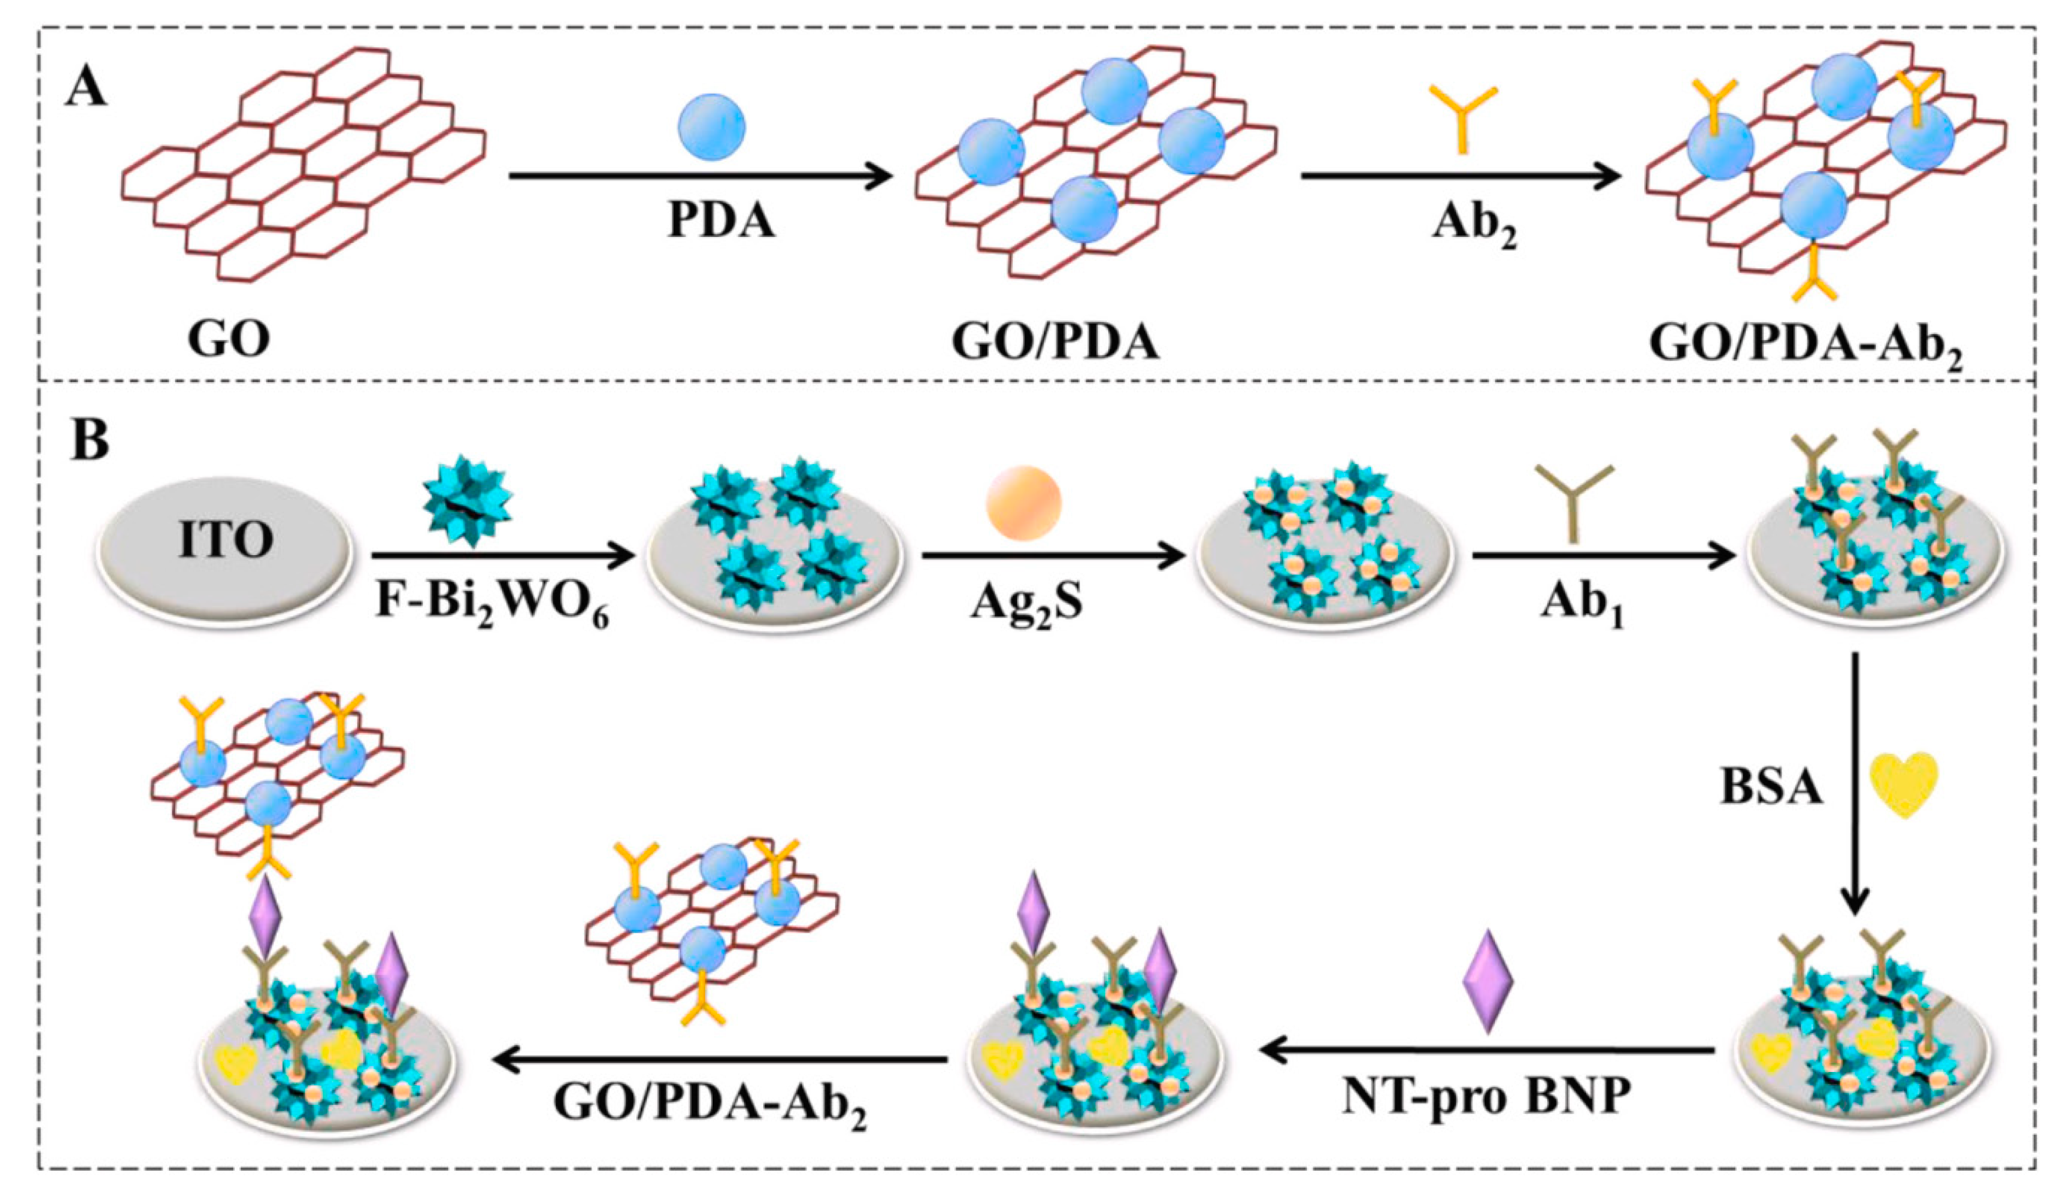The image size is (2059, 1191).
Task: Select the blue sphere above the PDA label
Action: [712, 127]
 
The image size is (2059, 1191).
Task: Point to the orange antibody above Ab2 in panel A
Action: [1463, 118]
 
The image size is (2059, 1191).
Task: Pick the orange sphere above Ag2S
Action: [1023, 503]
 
